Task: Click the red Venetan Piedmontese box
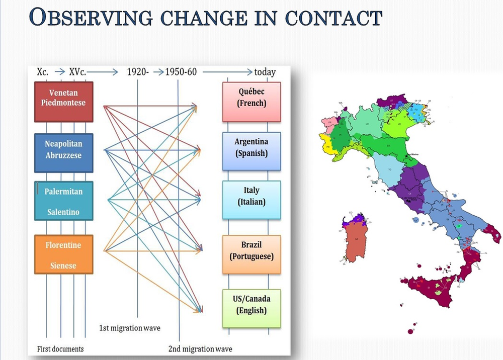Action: (x=63, y=102)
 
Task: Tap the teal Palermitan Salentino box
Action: (x=63, y=201)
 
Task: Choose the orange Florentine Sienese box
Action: (x=63, y=254)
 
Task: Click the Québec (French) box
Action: (x=251, y=102)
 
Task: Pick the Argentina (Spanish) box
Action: (x=251, y=151)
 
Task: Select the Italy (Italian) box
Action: (x=251, y=200)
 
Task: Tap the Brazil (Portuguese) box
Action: (x=251, y=254)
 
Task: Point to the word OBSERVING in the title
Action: (x=91, y=18)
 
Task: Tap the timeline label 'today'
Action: (x=265, y=72)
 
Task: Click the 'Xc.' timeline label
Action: (x=43, y=71)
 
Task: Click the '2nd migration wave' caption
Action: (x=201, y=349)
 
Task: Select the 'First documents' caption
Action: (x=60, y=349)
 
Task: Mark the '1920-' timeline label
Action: (x=138, y=71)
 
